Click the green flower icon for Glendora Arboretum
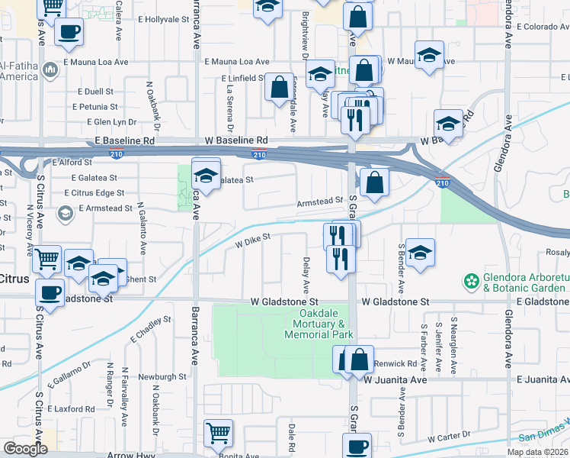tap(472, 282)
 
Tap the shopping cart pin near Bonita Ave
tap(218, 433)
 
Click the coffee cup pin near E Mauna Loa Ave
tap(69, 33)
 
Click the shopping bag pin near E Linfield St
tap(280, 86)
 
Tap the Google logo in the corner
tap(25, 449)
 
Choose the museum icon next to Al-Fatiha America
tap(51, 70)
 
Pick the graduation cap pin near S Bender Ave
tap(420, 253)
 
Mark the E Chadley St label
tap(152, 329)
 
